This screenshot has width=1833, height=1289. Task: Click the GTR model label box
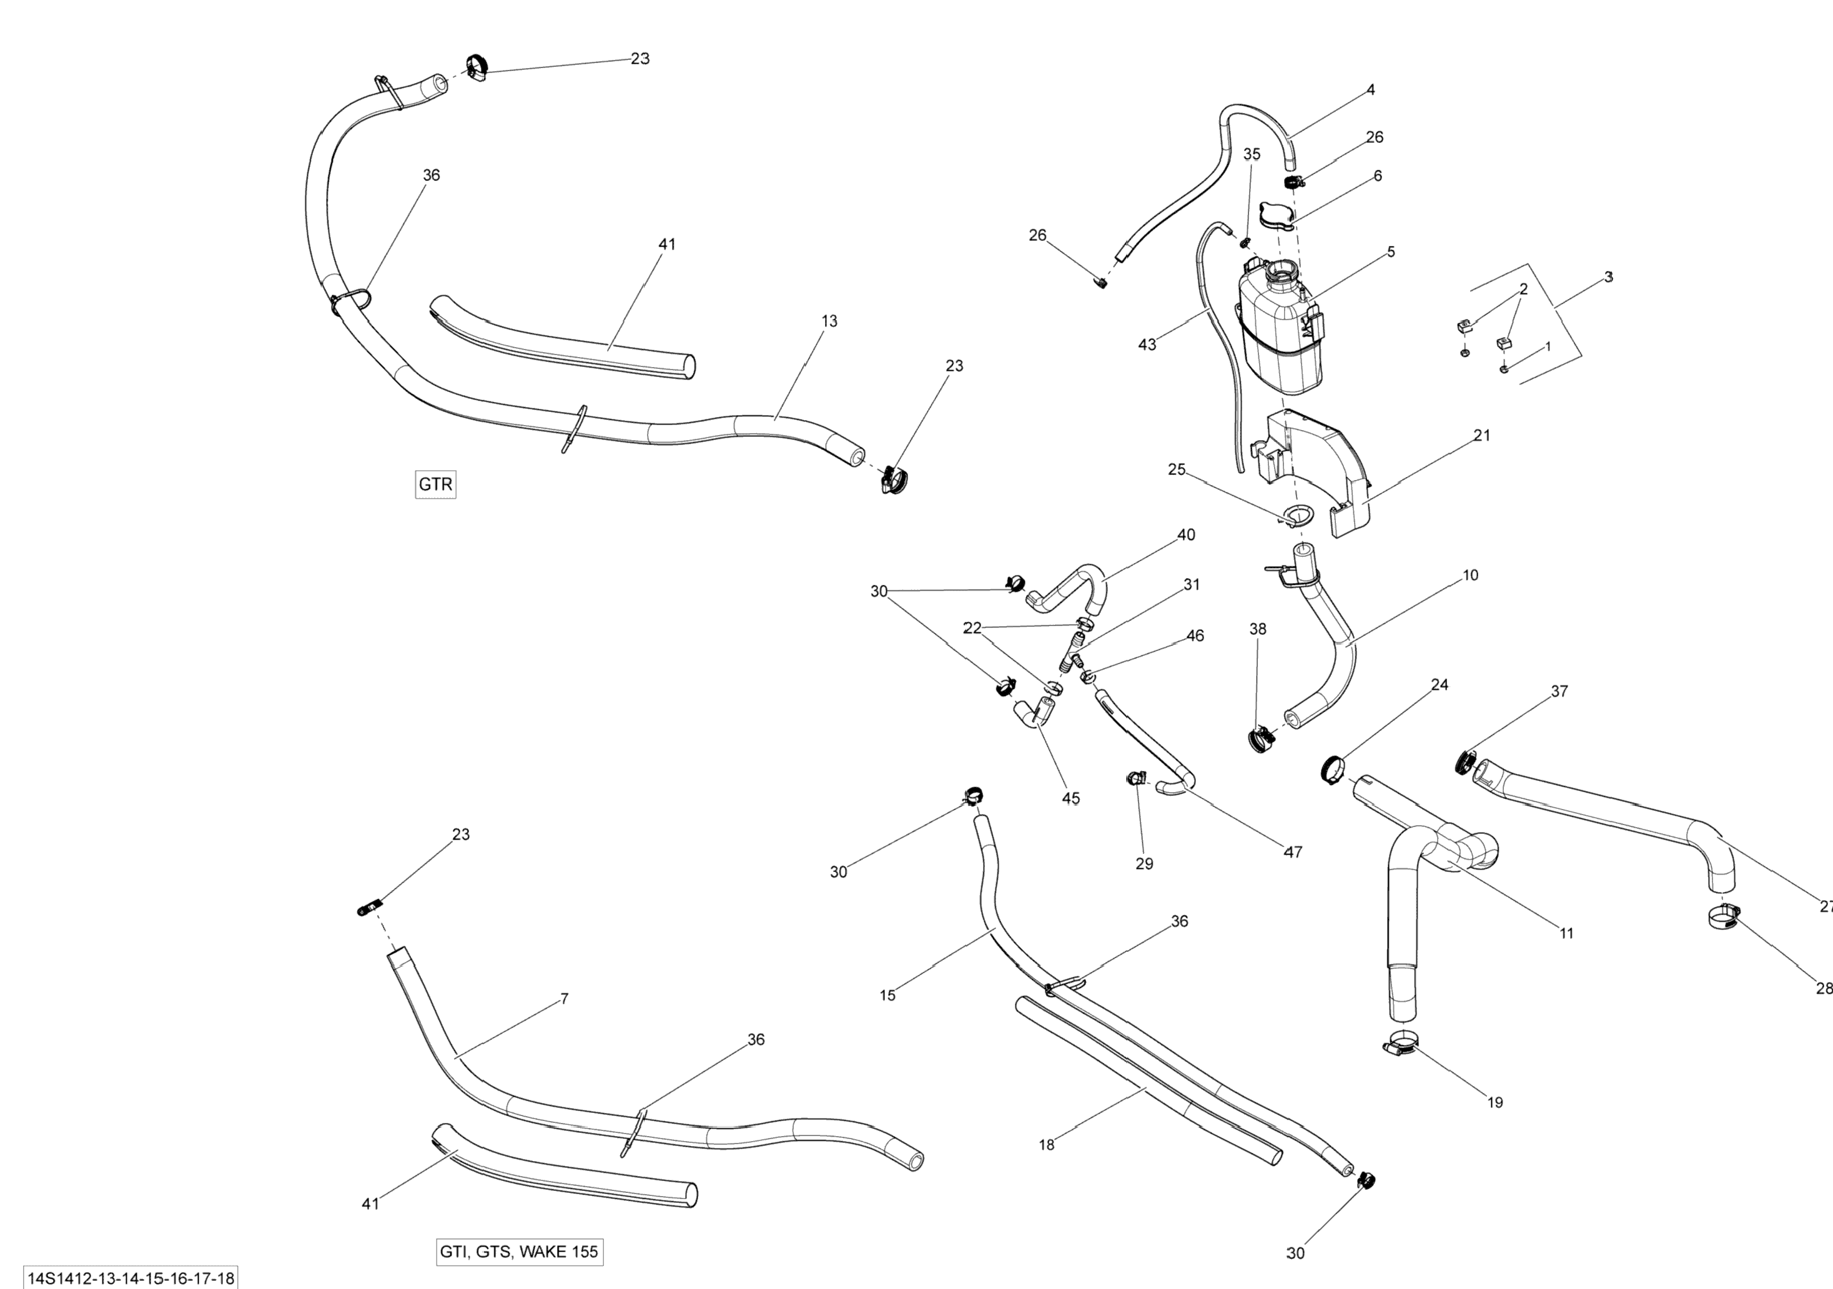(x=435, y=484)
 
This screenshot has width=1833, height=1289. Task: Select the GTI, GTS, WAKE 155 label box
(x=519, y=1252)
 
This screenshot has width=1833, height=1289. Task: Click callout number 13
(x=829, y=321)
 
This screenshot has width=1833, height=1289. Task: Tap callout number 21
(x=1482, y=435)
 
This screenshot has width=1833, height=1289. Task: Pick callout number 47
(x=1293, y=851)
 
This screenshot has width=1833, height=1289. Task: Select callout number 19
(x=1495, y=1102)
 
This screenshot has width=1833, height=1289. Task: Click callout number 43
(x=1147, y=345)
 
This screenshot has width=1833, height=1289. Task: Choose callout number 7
(x=565, y=999)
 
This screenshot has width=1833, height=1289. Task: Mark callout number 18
(x=1046, y=1145)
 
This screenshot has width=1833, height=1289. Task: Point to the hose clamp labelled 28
(x=1724, y=917)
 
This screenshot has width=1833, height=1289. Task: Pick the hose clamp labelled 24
(x=1332, y=768)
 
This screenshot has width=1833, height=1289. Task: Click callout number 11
(x=1566, y=933)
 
